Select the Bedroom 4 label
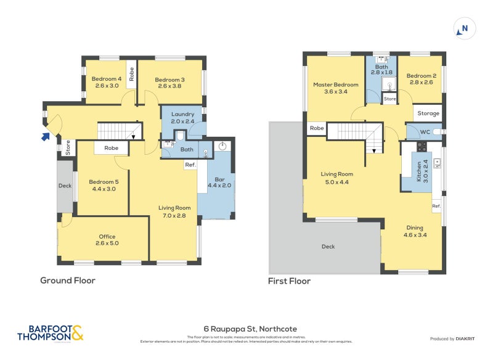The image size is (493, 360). click(107, 79)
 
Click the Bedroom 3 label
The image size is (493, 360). click(169, 80)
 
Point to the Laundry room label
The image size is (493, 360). click(182, 114)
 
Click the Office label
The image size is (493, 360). click(107, 237)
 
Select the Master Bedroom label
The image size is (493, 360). click(335, 84)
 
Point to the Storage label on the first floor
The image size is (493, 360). click(428, 113)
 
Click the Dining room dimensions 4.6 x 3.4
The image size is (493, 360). click(415, 234)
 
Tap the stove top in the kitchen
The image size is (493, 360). click(422, 147)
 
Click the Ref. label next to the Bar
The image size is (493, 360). click(190, 165)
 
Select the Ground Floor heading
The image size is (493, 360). click(68, 280)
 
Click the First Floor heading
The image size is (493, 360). click(289, 281)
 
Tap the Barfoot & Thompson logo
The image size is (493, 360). click(51, 333)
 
